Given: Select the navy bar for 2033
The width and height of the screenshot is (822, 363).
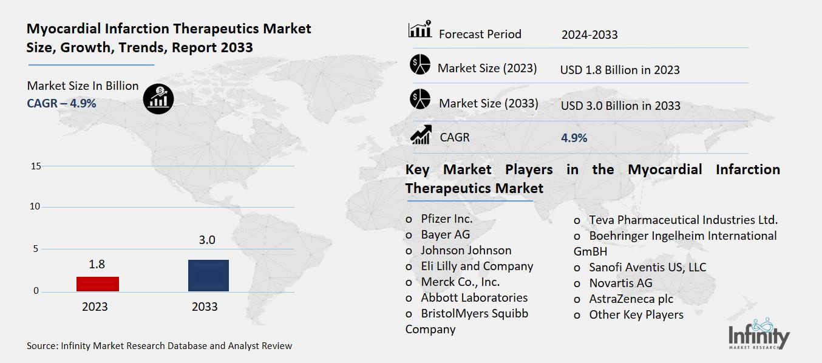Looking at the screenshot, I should pos(209,276).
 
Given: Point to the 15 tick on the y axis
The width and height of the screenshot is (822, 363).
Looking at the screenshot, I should pos(35,166).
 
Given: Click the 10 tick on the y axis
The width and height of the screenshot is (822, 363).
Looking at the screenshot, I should pos(35,207).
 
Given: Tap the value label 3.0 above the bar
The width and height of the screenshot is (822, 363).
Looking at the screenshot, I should pos(207,240).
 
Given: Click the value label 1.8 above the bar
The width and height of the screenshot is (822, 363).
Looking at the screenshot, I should pos(97,265).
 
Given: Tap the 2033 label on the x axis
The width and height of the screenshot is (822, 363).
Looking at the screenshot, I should pos(205,307).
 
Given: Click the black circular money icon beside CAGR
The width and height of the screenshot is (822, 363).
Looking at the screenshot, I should pos(158,98).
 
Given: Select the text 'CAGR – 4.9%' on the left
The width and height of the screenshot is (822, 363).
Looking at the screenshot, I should pos(61,103).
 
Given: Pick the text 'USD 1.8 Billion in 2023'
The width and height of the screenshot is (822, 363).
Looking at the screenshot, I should pos(619,70).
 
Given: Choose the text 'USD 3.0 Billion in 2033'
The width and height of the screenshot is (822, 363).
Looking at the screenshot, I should pos(620,106).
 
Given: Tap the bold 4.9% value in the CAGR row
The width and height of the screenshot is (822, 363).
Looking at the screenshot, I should pos(574,138).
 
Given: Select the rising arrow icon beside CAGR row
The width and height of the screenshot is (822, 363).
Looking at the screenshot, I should pos(420,135).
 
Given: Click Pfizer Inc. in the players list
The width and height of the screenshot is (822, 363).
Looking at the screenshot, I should pos(446,219).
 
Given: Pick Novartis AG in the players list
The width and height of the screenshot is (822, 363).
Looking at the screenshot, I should pos(620,283).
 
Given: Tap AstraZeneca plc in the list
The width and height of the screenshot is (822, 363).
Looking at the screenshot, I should pos(631,299).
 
